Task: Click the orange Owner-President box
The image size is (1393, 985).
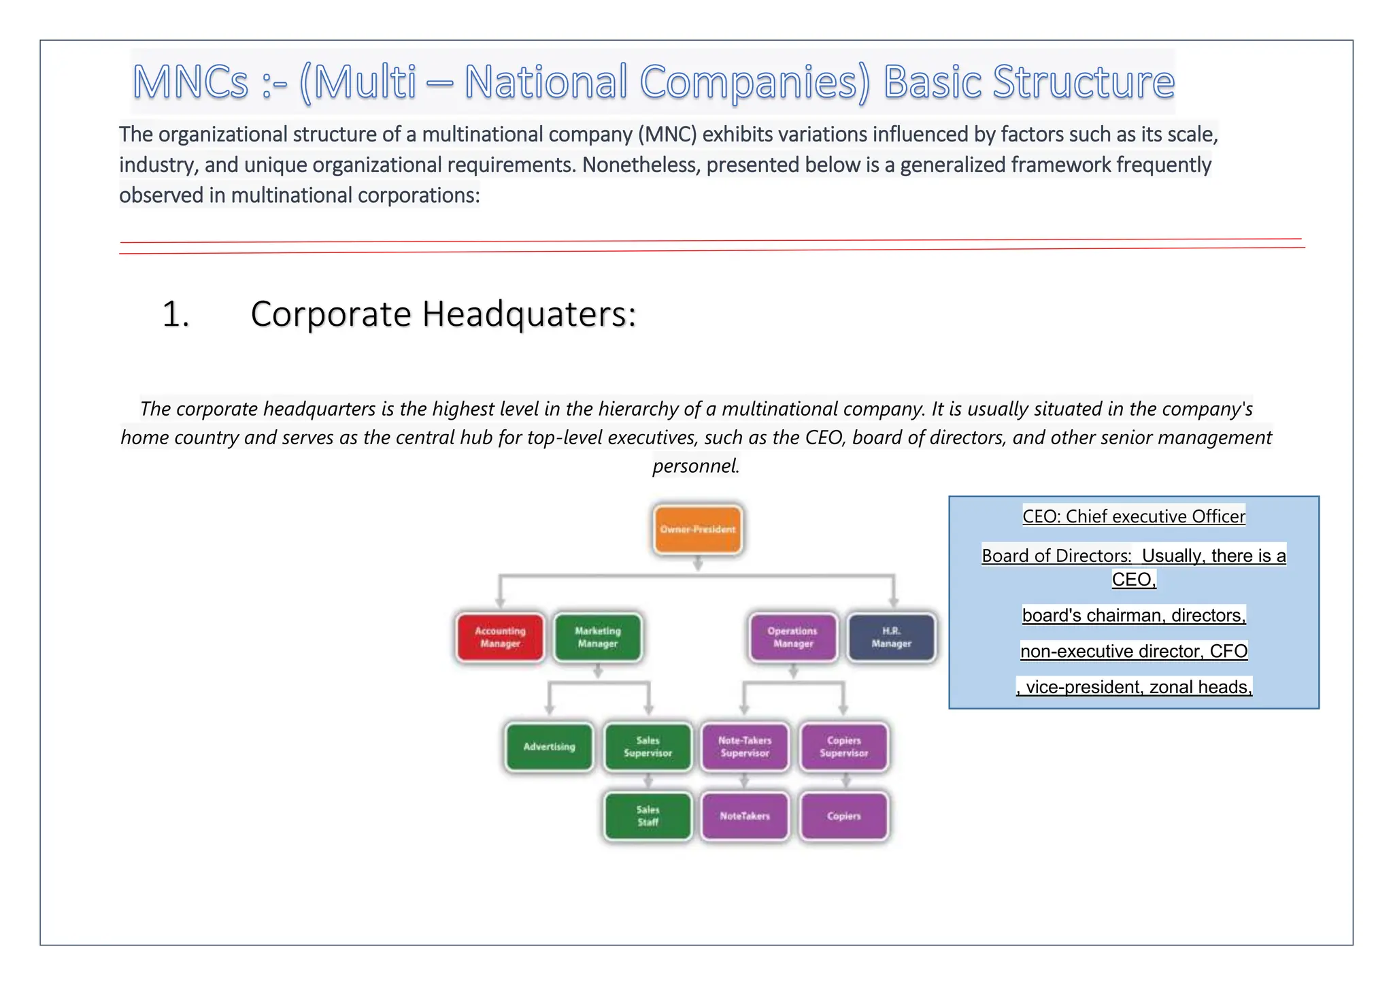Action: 697,529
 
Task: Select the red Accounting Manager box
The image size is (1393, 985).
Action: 500,637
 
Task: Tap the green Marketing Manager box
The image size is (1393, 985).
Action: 598,637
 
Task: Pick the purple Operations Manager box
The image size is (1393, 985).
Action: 793,637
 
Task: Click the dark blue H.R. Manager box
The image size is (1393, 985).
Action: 891,637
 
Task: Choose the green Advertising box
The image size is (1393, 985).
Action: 549,746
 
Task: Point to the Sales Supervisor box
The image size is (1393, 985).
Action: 648,746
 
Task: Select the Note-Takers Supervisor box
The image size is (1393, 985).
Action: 745,746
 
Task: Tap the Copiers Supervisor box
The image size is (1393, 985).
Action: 843,746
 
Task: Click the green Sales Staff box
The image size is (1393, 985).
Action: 648,816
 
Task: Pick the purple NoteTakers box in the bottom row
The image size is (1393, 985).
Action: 745,816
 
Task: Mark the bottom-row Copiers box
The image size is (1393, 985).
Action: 843,816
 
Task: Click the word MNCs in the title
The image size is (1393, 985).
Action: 190,82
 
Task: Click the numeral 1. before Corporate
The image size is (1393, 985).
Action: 175,314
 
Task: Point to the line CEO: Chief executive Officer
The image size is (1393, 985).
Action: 1134,516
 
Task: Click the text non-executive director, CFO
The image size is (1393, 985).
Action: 1134,651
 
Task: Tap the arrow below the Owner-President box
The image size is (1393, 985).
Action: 697,563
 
